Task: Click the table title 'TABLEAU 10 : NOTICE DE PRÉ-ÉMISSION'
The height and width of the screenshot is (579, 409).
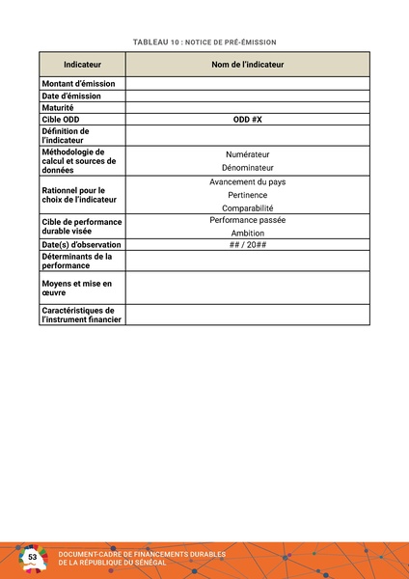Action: click(204, 42)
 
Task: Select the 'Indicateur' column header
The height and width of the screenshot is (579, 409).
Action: click(82, 64)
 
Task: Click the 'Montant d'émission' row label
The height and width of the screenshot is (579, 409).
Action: click(78, 84)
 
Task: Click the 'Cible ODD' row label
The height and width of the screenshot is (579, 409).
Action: click(62, 119)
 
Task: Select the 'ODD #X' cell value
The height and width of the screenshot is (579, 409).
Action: click(248, 119)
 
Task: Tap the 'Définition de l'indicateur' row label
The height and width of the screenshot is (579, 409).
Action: click(66, 135)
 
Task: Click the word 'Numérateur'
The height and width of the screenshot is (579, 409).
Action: click(248, 154)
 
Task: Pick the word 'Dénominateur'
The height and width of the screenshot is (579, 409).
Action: click(248, 168)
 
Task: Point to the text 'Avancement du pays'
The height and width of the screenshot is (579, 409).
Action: click(248, 182)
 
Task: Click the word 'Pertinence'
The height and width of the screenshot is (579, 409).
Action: click(248, 195)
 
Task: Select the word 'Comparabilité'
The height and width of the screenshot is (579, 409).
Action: click(248, 207)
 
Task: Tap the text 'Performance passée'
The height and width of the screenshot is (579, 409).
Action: click(248, 220)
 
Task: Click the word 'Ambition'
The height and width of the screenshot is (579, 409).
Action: click(248, 234)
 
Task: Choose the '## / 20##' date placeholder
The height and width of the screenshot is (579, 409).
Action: click(248, 245)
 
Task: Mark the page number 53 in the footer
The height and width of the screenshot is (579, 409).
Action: click(33, 558)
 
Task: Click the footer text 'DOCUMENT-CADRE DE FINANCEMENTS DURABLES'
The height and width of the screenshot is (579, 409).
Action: click(142, 554)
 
